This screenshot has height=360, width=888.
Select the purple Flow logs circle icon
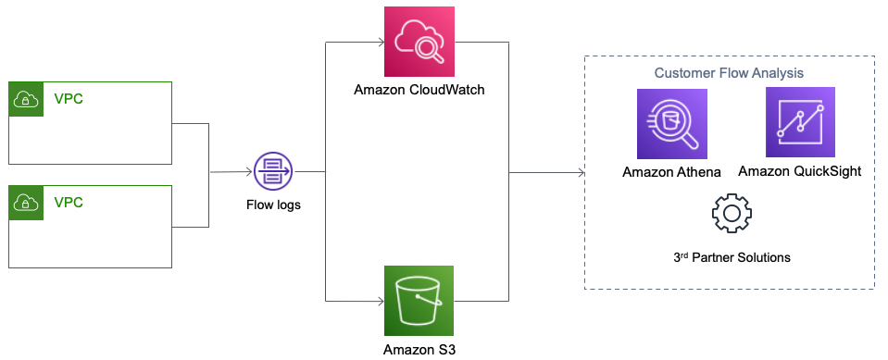click(273, 171)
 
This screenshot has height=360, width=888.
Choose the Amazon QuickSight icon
click(800, 122)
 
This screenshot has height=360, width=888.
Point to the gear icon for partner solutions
click(731, 214)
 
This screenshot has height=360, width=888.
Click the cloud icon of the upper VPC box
click(24, 99)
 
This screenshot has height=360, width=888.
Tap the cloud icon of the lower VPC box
click(24, 202)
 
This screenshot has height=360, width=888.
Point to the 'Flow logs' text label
click(273, 204)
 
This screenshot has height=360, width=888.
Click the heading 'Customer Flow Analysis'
click(729, 72)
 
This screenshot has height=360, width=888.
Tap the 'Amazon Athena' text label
click(671, 171)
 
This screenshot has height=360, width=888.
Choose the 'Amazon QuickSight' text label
click(800, 171)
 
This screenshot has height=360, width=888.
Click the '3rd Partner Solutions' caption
click(731, 257)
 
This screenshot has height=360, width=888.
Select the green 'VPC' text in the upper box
click(68, 99)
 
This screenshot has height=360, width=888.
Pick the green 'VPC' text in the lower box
click(68, 202)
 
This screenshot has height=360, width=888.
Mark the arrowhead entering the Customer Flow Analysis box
click(579, 172)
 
